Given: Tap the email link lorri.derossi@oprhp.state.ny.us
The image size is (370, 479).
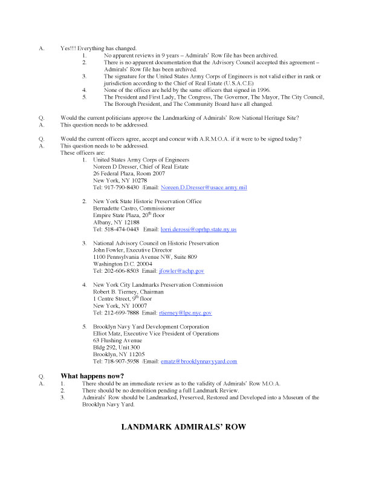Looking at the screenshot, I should coord(198,230).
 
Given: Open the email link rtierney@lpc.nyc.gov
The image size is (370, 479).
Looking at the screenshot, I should coord(184,313).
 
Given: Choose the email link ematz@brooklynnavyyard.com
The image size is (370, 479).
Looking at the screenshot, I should coord(198,361).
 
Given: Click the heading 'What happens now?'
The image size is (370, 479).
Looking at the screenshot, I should coord(92,376).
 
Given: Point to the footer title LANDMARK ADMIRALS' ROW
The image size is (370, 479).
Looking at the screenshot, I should coord(184,426).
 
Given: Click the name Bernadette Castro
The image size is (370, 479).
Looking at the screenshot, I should coord(114,207).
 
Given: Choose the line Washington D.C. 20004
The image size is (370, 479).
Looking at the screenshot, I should coord(122,264).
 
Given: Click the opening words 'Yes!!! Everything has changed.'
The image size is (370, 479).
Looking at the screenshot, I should coord(99,48).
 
